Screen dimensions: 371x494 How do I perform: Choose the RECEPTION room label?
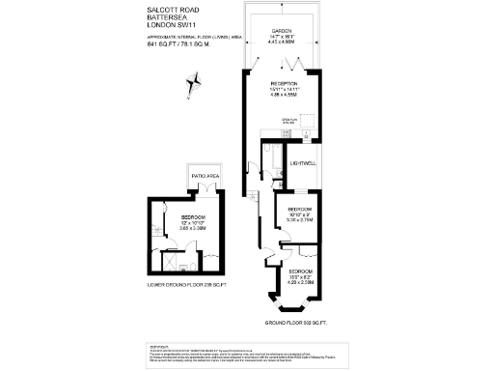[285, 84]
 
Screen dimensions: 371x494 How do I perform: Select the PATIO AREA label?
[206, 175]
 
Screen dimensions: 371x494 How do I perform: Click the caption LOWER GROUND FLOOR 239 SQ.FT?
[186, 285]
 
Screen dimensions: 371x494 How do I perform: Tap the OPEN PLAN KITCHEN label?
[287, 122]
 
